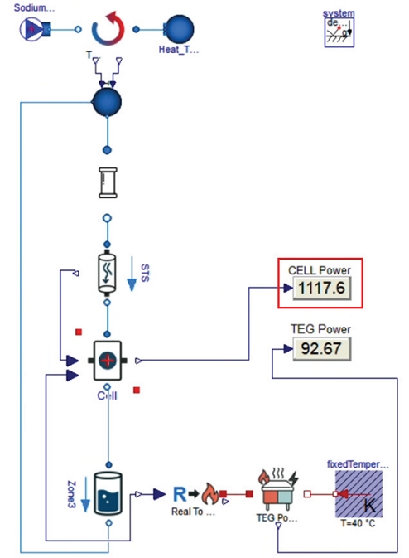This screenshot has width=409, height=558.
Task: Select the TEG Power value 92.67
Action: pyautogui.click(x=321, y=347)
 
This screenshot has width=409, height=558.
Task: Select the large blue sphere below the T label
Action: pyautogui.click(x=106, y=104)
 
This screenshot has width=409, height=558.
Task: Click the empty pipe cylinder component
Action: pyautogui.click(x=107, y=181)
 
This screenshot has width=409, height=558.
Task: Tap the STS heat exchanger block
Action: pyautogui.click(x=107, y=272)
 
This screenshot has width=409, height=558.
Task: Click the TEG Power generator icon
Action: pyautogui.click(x=277, y=493)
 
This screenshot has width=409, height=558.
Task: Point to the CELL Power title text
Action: pyautogui.click(x=320, y=269)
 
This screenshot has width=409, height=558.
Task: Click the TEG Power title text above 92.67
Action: pyautogui.click(x=322, y=329)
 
